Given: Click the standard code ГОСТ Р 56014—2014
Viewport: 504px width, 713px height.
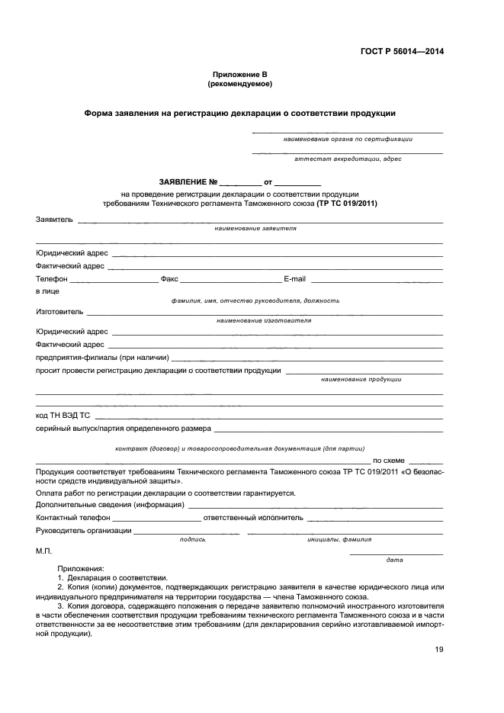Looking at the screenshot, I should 402,51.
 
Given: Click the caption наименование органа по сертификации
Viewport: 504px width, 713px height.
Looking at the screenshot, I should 348,140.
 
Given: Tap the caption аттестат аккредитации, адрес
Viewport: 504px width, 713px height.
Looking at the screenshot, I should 348,159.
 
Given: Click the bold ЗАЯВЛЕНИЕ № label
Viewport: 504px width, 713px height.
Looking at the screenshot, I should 188,183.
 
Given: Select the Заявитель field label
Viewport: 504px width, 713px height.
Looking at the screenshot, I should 54,220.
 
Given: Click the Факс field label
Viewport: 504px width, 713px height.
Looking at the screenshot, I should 169,279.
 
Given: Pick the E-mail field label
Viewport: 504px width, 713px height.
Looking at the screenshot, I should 294,279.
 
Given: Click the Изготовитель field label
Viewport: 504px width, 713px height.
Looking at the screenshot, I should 59,312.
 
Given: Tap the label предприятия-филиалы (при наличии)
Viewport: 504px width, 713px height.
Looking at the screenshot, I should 101,357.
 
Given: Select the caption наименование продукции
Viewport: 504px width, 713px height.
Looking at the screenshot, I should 361,379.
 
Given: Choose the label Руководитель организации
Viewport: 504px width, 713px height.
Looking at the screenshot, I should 83,531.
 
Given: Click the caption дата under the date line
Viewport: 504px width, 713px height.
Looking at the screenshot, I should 394,560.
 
